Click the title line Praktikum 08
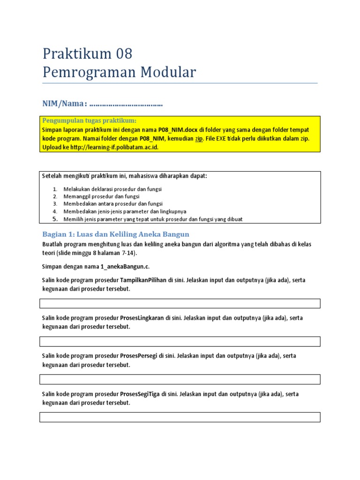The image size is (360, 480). [87, 54]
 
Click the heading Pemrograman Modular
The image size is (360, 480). [119, 73]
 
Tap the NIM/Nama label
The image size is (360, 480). [65, 103]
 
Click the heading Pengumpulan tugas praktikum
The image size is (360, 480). [89, 120]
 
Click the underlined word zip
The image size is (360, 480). [199, 139]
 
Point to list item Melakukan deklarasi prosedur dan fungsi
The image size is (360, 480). [112, 189]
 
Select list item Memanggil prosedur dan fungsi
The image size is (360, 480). [101, 196]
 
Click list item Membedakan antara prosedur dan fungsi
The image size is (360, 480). [113, 204]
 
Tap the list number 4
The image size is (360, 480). [54, 211]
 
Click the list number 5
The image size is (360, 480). [54, 219]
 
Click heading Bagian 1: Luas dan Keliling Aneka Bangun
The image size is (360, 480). [115, 234]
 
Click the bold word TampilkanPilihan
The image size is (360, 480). [145, 280]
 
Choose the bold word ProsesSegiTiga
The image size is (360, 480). [140, 394]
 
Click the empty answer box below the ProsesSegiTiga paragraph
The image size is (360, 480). [180, 417]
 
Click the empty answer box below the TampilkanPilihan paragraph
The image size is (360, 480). [180, 303]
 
